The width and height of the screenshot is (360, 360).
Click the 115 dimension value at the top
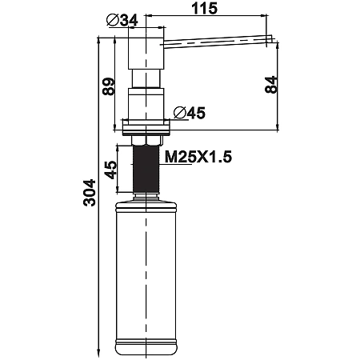pyautogui.click(x=204, y=8)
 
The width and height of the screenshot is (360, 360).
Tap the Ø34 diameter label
pyautogui.click(x=122, y=20)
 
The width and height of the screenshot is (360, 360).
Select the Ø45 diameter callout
pyautogui.click(x=190, y=113)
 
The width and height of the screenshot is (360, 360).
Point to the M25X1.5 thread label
pyautogui.click(x=198, y=157)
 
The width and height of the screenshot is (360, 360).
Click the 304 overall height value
pyautogui.click(x=90, y=193)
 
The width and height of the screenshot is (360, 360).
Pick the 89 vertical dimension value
pyautogui.click(x=109, y=86)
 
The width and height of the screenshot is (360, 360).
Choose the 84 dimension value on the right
pyautogui.click(x=271, y=85)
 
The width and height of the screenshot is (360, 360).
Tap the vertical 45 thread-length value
pyautogui.click(x=110, y=170)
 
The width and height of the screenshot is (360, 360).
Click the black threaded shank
pyautogui.click(x=146, y=169)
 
